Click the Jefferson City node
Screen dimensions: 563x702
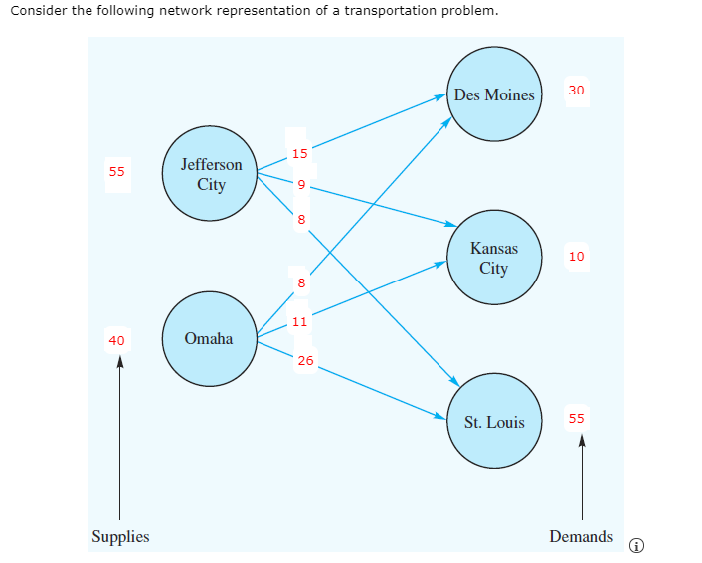(x=211, y=174)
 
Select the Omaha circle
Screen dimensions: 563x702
(x=209, y=338)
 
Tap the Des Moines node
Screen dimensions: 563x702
(x=494, y=94)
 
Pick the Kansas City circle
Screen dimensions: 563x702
(x=493, y=257)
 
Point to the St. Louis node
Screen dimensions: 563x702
(x=494, y=422)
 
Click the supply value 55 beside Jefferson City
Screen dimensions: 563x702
(x=117, y=171)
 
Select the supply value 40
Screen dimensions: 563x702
(x=117, y=340)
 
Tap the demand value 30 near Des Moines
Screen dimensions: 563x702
(x=577, y=90)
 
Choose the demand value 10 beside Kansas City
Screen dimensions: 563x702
(x=577, y=257)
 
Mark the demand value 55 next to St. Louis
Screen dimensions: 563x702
(x=577, y=418)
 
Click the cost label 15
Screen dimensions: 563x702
(x=300, y=153)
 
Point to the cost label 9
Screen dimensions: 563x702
(x=300, y=185)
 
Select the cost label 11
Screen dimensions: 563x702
(x=299, y=320)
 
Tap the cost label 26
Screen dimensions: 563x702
(x=304, y=360)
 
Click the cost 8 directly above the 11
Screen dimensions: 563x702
(x=299, y=284)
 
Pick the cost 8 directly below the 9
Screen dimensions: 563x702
(x=300, y=219)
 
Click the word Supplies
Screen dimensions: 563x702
(x=120, y=536)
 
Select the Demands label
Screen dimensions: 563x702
(x=581, y=536)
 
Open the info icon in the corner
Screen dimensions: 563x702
(x=637, y=545)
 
